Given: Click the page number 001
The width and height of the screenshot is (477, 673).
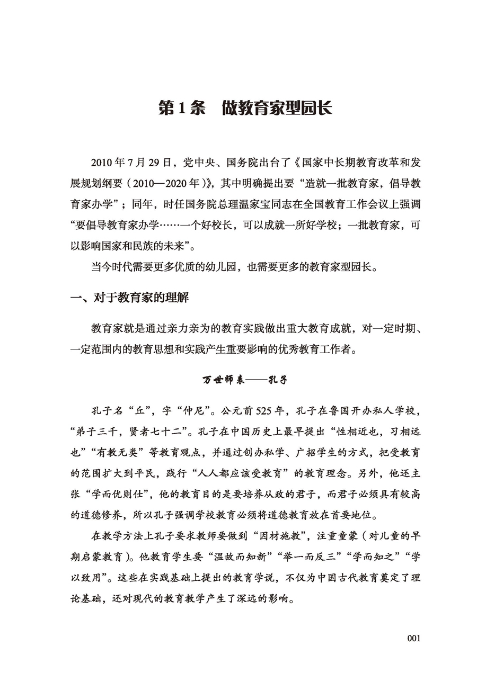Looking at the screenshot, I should [413, 638].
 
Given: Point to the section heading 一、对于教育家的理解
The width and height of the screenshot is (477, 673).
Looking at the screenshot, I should [130, 299].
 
